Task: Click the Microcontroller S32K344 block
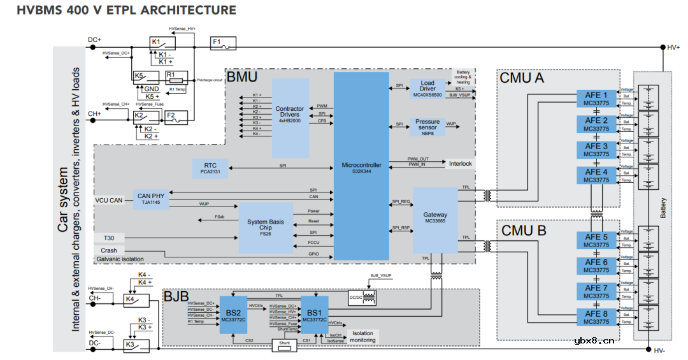[x=361, y=166]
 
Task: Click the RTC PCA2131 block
[x=210, y=169]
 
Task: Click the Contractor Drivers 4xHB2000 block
[x=290, y=118]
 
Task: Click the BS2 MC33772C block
[x=233, y=314]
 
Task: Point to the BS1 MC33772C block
[x=314, y=314]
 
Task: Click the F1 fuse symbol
[x=223, y=43]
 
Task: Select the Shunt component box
[x=285, y=345]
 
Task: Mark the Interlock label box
[x=460, y=164]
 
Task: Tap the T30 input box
[x=109, y=238]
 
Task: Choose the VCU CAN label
[x=109, y=200]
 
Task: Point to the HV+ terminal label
[x=673, y=47]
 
